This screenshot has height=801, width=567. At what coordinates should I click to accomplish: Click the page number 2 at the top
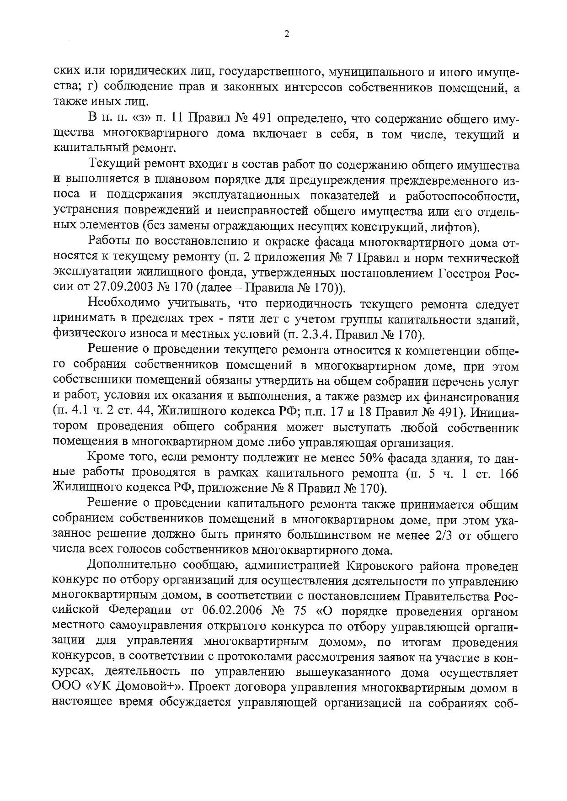(287, 34)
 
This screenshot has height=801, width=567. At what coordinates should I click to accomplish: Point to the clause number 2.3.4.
(316, 335)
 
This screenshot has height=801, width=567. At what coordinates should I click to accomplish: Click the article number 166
(508, 473)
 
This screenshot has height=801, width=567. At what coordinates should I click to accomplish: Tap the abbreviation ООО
(67, 687)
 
